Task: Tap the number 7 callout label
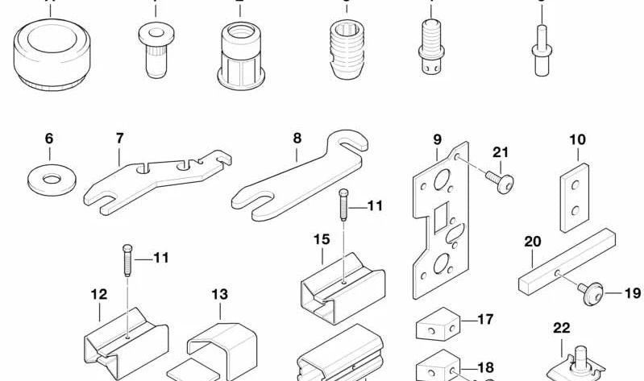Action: pos(119,139)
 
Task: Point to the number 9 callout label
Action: pos(438,139)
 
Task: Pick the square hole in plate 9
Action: pos(442,217)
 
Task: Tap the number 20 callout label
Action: pos(532,240)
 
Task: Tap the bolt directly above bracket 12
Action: pos(127,261)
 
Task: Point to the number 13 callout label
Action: pos(220,295)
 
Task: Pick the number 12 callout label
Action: pos(98,295)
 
